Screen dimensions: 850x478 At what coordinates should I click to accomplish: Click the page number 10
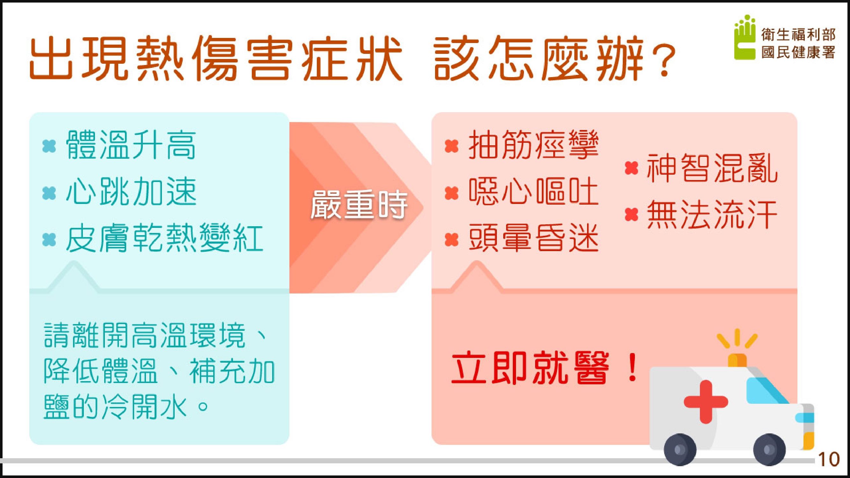click(x=829, y=460)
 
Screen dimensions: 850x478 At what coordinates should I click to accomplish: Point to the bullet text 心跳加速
click(x=131, y=192)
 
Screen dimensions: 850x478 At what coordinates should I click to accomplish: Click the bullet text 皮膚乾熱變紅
click(x=164, y=238)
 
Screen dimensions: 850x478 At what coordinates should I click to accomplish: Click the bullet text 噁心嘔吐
click(x=534, y=192)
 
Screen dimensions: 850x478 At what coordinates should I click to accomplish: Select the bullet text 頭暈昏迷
click(x=534, y=238)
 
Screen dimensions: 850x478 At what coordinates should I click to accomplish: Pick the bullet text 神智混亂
click(x=712, y=169)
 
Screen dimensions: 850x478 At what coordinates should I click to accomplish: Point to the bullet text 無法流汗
click(x=712, y=215)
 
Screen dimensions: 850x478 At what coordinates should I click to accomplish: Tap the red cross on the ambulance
click(x=706, y=402)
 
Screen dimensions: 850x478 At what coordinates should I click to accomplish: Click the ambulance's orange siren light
click(x=737, y=360)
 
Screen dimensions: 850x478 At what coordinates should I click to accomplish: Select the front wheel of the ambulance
click(x=769, y=449)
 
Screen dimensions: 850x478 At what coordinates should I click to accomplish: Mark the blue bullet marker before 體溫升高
click(x=49, y=146)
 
